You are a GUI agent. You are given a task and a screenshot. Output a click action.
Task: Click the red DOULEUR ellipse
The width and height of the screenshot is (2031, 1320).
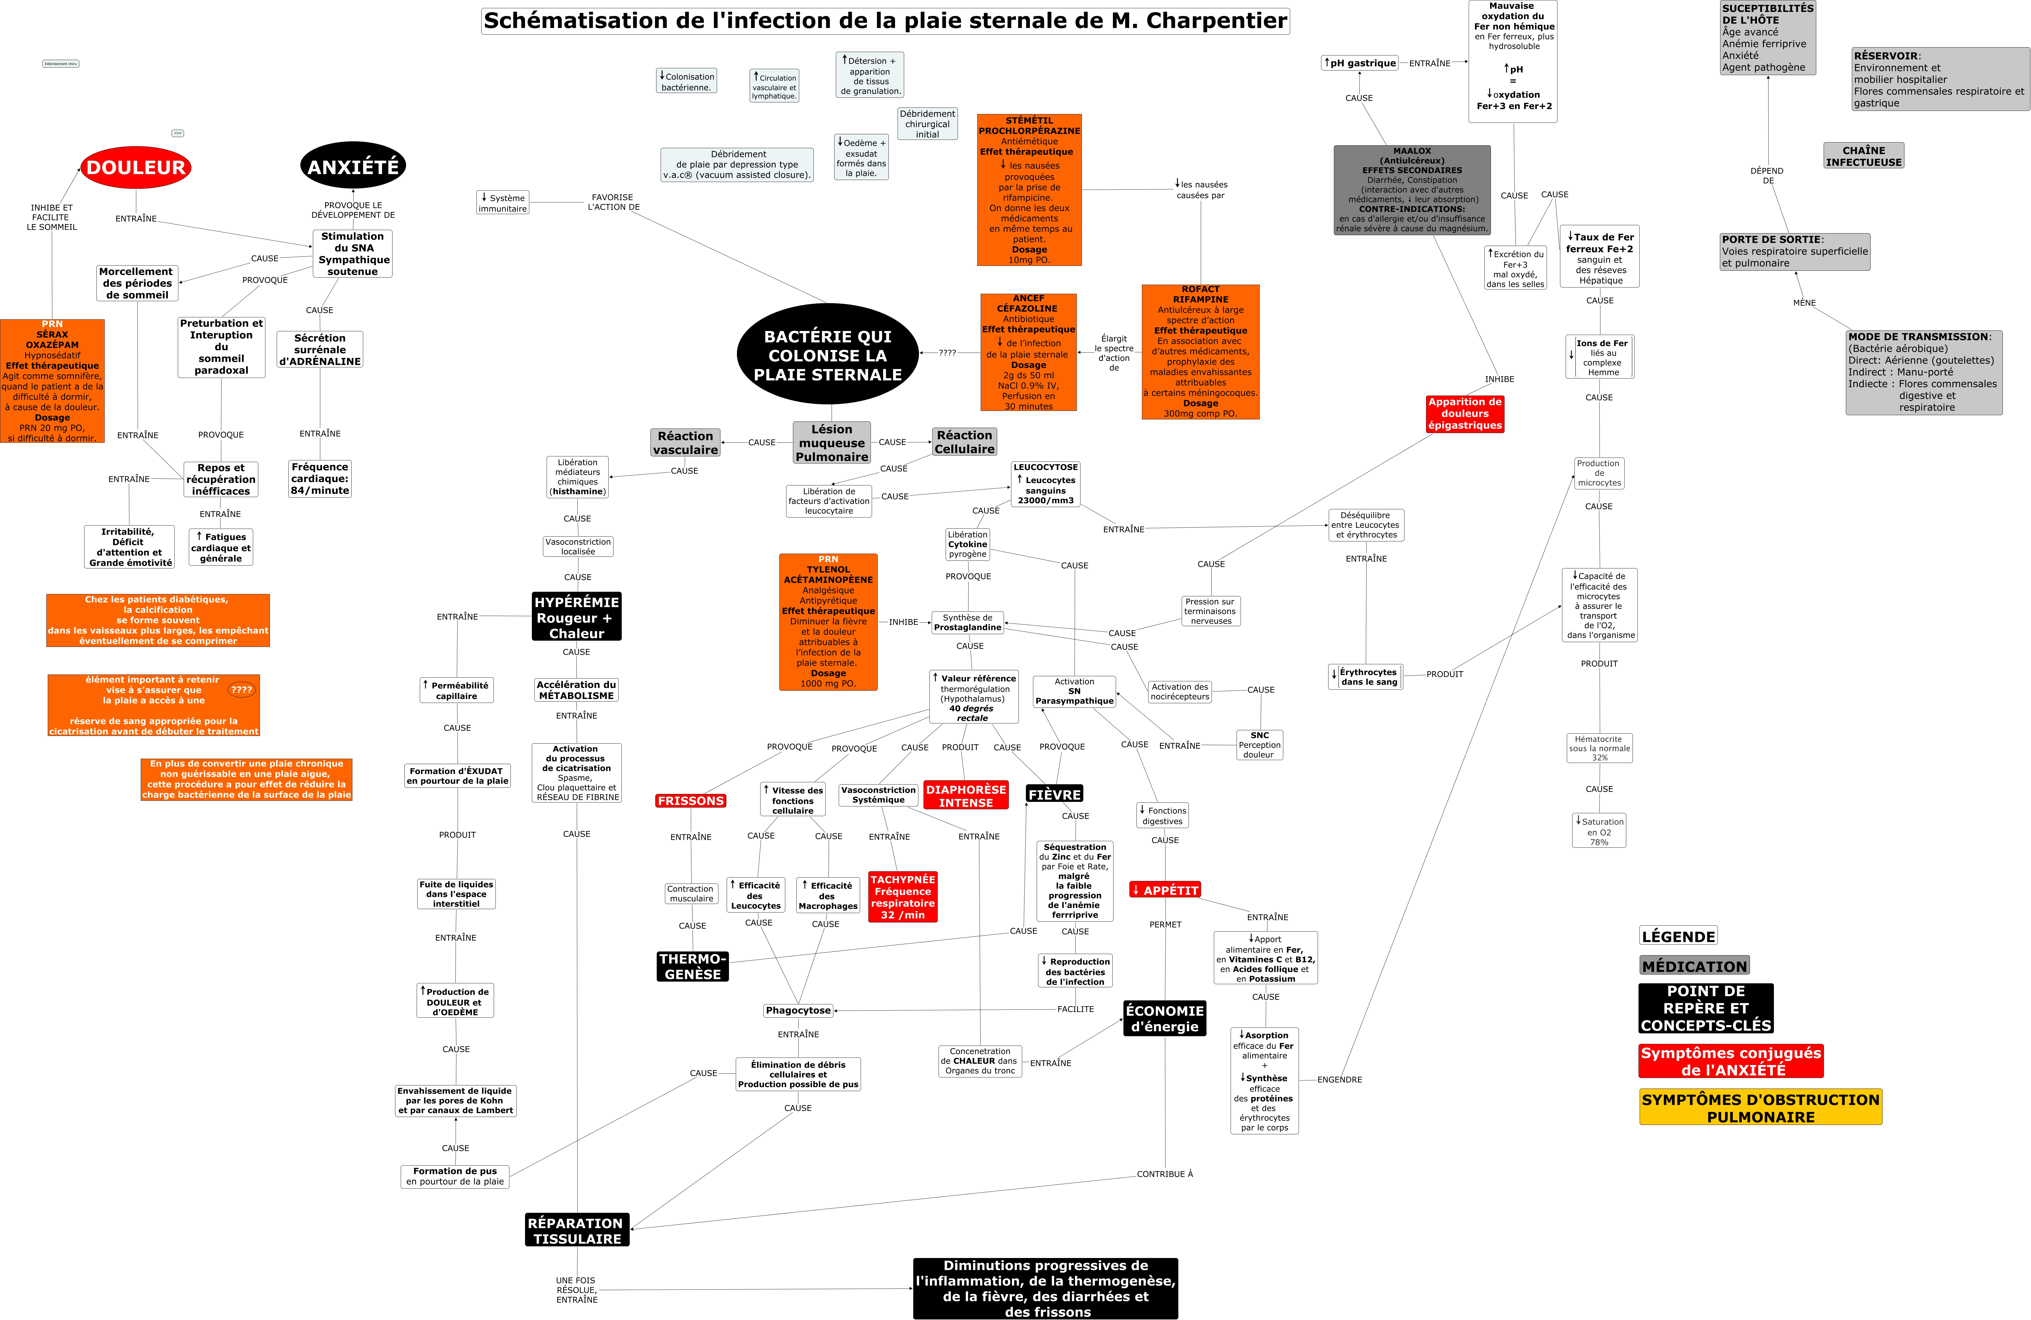pyautogui.click(x=136, y=167)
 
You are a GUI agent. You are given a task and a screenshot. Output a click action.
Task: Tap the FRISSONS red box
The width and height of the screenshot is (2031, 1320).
pyautogui.click(x=690, y=800)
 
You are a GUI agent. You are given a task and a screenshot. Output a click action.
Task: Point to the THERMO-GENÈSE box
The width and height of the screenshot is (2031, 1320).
pyautogui.click(x=692, y=966)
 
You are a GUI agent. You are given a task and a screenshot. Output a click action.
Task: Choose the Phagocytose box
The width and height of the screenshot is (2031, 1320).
pyautogui.click(x=798, y=1010)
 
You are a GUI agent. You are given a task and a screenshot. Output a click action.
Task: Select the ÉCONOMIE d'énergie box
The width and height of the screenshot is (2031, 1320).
pyautogui.click(x=1165, y=1018)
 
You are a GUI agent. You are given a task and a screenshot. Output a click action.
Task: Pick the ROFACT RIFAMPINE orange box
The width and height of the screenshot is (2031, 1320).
pyautogui.click(x=1200, y=351)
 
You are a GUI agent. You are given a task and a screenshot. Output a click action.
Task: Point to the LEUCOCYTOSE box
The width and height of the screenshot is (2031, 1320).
pyautogui.click(x=1046, y=484)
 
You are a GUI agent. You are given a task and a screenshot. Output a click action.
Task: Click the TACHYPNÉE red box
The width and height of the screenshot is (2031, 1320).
pyautogui.click(x=903, y=897)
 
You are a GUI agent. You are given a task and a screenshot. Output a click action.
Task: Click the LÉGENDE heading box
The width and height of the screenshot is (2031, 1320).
pyautogui.click(x=1678, y=936)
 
